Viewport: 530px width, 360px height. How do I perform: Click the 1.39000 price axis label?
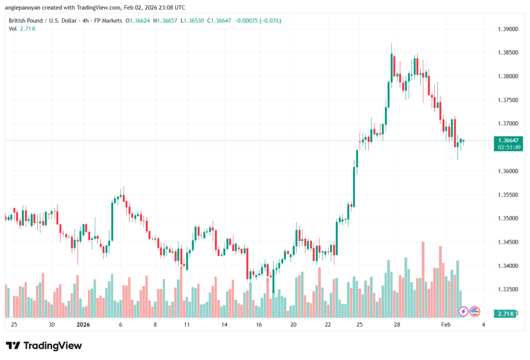(507, 29)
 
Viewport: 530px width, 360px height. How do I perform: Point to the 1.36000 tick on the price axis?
(507, 171)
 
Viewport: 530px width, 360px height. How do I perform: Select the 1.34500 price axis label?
(507, 242)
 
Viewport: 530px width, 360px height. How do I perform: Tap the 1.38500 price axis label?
(507, 53)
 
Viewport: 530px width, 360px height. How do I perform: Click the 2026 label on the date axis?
(83, 325)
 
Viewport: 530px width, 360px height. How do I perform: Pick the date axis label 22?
(328, 325)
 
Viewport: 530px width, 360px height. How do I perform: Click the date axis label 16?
(259, 325)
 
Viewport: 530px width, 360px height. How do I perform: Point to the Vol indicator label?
(12, 28)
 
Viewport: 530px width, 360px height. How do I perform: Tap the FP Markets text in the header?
(107, 21)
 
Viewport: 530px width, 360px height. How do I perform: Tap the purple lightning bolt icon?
(463, 311)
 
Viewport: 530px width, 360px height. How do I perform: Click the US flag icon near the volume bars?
(475, 311)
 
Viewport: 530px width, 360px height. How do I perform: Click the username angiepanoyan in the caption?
(24, 7)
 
